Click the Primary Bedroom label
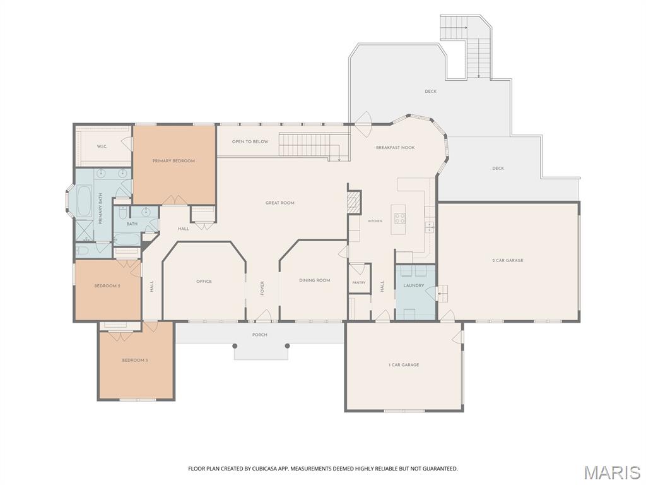point(173,161)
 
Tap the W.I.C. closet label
point(102,147)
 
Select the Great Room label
point(279,203)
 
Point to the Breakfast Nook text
point(395,148)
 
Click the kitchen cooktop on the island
point(399,218)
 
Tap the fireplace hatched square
point(353,202)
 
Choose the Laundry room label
point(414,285)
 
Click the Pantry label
point(359,283)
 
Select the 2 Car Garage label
point(508,261)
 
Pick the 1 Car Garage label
point(404,365)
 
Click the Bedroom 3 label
point(135,361)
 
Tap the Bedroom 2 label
point(107,286)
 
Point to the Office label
point(204,282)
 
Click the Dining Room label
point(314,280)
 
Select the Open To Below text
point(250,141)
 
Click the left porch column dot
point(235,346)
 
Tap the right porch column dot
point(287,346)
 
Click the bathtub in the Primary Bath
point(85,201)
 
